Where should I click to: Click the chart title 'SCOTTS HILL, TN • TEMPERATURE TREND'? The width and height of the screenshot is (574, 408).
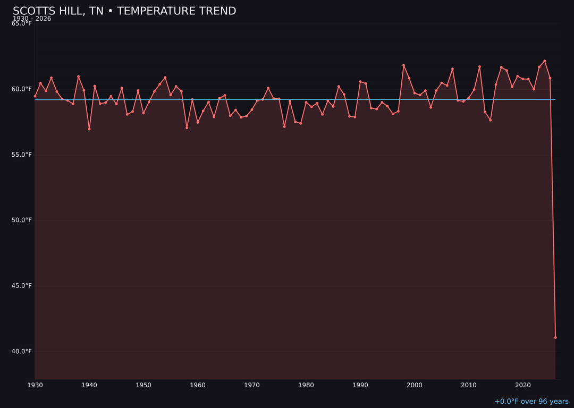point(124,11)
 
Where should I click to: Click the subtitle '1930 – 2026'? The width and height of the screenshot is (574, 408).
point(32,19)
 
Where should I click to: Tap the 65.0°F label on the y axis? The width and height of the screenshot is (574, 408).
point(22,23)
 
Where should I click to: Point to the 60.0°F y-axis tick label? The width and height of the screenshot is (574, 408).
point(22,89)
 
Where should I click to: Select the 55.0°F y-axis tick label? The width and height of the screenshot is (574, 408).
point(22,155)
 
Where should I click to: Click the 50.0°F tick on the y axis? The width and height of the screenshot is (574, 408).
point(22,220)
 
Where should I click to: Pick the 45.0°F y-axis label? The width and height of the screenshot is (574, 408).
point(22,286)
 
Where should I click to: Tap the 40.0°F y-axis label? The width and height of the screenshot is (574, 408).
point(22,351)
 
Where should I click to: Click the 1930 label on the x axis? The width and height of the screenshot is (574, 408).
point(35,385)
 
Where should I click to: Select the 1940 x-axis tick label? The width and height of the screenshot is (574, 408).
point(89,385)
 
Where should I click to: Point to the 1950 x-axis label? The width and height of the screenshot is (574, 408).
point(143,385)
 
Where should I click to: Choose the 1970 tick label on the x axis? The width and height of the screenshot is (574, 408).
point(252,385)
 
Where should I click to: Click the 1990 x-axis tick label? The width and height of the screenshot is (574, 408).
point(360,385)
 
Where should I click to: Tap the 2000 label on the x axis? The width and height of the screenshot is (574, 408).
point(415,385)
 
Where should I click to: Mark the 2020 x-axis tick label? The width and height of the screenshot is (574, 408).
point(523,385)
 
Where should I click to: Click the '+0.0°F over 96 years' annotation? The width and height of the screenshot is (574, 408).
point(531,402)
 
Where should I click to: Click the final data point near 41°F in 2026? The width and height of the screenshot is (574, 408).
point(555,337)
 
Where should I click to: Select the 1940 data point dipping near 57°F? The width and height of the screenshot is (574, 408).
point(89,129)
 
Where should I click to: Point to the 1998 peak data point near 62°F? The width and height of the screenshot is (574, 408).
point(403,65)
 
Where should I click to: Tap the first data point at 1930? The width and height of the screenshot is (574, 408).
point(35,96)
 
